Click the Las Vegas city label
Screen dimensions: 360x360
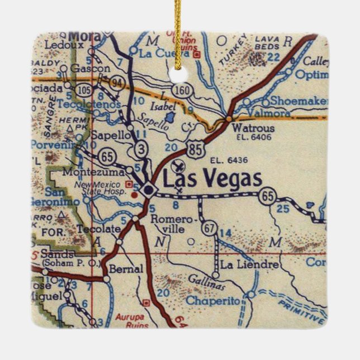212,179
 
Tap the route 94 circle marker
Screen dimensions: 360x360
117,83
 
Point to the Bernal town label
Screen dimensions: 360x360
127,269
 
